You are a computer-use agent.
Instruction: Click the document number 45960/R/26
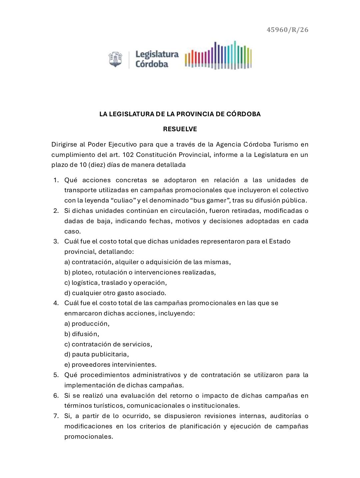(x=287, y=30)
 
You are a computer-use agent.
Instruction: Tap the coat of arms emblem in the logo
(x=115, y=59)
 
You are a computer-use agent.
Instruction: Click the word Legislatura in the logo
(x=157, y=54)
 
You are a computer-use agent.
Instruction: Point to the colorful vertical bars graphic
(x=218, y=55)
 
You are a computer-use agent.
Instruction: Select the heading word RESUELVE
(x=180, y=129)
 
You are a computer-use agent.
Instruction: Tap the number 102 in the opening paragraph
(x=128, y=155)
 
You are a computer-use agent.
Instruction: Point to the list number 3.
(x=56, y=241)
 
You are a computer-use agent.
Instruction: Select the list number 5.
(x=56, y=375)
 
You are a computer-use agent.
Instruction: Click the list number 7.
(x=56, y=416)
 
